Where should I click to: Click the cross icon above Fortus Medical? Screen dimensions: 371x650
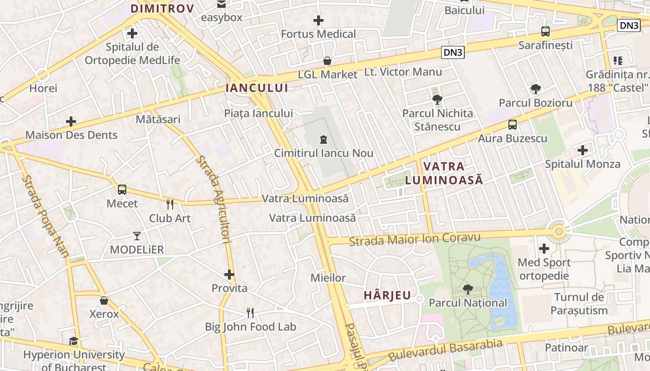point(318,20)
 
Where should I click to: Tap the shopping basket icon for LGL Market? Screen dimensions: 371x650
point(327,61)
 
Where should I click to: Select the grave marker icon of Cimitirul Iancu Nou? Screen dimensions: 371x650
point(324,139)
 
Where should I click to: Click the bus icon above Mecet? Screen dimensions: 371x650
point(122,189)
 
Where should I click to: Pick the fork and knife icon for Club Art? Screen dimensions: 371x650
point(170,204)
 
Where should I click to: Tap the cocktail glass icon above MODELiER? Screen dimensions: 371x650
point(136,236)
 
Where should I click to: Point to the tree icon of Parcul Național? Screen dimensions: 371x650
point(468,289)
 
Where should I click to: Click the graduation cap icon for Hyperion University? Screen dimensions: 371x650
point(73,341)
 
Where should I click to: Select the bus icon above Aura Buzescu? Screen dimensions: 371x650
point(513,124)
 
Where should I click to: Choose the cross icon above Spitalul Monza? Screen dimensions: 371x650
point(583,150)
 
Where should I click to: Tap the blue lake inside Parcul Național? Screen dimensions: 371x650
point(499,292)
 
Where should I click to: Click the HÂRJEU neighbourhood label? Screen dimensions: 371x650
point(387,295)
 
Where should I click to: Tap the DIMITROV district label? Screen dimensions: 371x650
point(162,8)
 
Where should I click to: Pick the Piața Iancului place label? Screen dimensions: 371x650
point(258,113)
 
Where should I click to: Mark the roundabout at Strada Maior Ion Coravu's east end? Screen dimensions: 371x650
point(559,231)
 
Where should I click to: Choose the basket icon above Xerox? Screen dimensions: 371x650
point(104,301)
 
